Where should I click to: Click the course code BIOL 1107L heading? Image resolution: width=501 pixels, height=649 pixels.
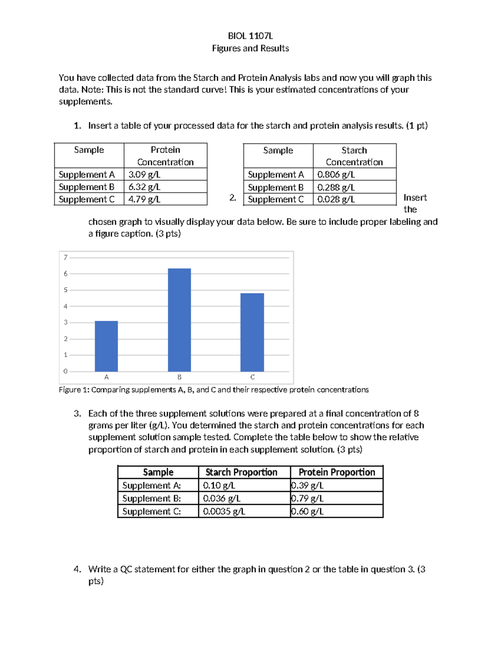click(250, 36)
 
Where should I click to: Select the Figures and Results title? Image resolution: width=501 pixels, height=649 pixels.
click(250, 48)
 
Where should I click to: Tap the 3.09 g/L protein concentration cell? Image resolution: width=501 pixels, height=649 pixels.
click(144, 175)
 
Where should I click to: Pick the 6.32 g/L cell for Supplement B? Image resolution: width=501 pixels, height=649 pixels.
click(144, 187)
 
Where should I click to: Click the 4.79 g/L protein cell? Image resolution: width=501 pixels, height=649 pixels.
click(144, 199)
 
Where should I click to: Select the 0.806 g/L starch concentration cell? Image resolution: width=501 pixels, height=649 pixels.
click(336, 175)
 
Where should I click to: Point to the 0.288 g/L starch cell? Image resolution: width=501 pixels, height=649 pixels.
click(336, 187)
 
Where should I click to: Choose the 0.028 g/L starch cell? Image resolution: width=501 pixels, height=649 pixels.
click(336, 199)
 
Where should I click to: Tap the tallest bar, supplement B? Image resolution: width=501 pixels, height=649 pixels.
click(180, 320)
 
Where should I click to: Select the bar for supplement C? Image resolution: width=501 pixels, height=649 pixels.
click(252, 332)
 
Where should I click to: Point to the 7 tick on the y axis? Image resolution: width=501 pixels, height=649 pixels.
click(66, 257)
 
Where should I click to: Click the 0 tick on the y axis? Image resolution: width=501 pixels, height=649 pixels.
click(66, 371)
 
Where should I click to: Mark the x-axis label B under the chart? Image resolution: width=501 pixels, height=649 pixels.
click(180, 377)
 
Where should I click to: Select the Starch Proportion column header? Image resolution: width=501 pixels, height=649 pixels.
click(241, 472)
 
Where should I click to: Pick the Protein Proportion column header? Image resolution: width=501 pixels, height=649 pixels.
click(337, 472)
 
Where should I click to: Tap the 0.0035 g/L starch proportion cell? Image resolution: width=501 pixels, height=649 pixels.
click(224, 512)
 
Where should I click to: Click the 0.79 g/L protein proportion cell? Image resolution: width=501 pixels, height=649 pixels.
click(307, 499)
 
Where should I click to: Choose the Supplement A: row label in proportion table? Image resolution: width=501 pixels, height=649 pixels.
click(152, 486)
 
